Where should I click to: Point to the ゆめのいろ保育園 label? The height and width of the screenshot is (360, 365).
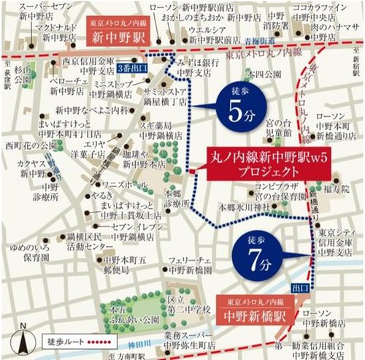click(27, 252)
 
